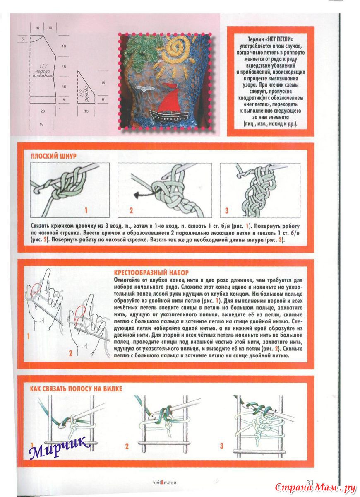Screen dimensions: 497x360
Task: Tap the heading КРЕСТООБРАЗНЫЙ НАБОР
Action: pyautogui.click(x=151, y=273)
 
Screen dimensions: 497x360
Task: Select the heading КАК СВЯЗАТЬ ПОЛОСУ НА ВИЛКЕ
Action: pyautogui.click(x=76, y=388)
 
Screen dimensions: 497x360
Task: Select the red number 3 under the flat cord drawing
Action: pyautogui.click(x=227, y=211)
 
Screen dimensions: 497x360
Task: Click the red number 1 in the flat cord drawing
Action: pyautogui.click(x=86, y=211)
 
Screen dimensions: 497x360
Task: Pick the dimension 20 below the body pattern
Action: pyautogui.click(x=42, y=111)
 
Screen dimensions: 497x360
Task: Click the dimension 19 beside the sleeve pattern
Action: pyautogui.click(x=103, y=82)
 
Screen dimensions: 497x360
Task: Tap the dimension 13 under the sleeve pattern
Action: pyautogui.click(x=86, y=111)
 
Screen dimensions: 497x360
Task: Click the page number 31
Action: pyautogui.click(x=312, y=481)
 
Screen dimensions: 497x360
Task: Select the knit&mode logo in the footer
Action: pyautogui.click(x=165, y=482)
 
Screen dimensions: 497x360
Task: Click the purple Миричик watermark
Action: pyautogui.click(x=60, y=446)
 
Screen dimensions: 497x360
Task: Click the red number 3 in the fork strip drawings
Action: pyautogui.click(x=222, y=446)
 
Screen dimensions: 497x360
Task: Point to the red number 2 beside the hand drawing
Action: pyautogui.click(x=70, y=353)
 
